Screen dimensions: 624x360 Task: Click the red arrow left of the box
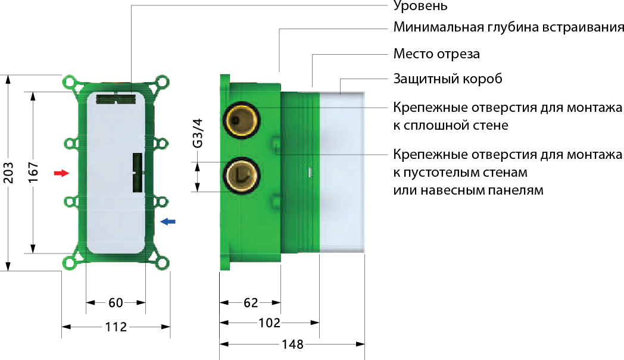tap(62, 173)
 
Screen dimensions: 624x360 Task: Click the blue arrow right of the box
tap(167, 221)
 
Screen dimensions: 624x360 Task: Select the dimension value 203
tap(8, 173)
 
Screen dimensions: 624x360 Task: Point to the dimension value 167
tap(33, 172)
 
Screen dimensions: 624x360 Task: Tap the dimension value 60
tap(116, 303)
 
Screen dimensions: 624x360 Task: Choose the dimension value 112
tap(116, 327)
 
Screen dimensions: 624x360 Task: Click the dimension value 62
tap(251, 303)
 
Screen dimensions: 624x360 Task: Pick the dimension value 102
tap(269, 323)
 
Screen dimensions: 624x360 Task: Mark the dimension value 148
tap(292, 344)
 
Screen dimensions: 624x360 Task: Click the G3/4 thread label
tap(198, 133)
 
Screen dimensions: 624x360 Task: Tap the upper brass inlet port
tap(242, 120)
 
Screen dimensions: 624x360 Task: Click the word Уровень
tap(420, 6)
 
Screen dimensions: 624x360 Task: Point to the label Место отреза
tap(436, 54)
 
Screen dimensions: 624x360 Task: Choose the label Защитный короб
tap(448, 79)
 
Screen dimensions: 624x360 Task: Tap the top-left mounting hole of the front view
tap(70, 83)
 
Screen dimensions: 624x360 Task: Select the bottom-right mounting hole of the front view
tap(163, 263)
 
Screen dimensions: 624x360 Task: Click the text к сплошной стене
tap(451, 126)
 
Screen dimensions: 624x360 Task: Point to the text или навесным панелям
tap(469, 190)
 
